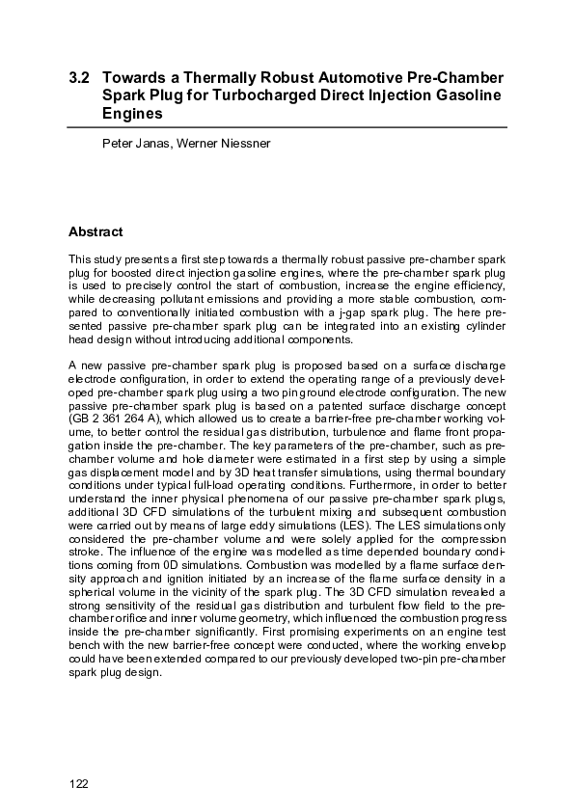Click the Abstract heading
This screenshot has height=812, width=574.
(x=96, y=231)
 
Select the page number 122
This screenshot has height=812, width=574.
(x=79, y=783)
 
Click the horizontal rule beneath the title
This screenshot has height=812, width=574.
(x=287, y=126)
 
